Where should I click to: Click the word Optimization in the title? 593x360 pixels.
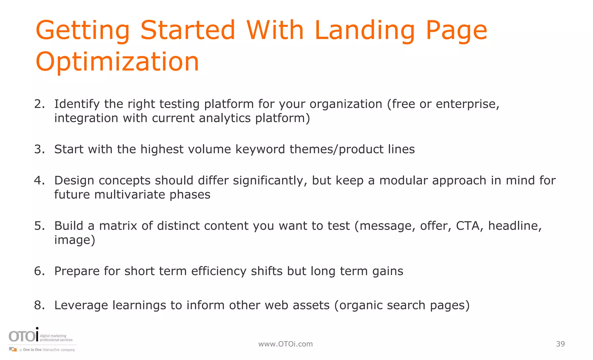(x=117, y=61)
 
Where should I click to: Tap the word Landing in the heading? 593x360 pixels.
(x=365, y=30)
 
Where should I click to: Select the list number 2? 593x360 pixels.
(x=39, y=104)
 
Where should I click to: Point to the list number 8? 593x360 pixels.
(x=39, y=305)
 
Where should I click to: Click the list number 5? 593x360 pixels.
(x=39, y=226)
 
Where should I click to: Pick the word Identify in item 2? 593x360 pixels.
(x=77, y=104)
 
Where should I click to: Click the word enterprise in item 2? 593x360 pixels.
(x=467, y=104)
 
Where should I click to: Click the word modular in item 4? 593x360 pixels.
(x=403, y=180)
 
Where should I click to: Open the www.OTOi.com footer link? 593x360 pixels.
(x=285, y=344)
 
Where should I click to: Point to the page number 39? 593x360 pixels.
(x=560, y=344)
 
